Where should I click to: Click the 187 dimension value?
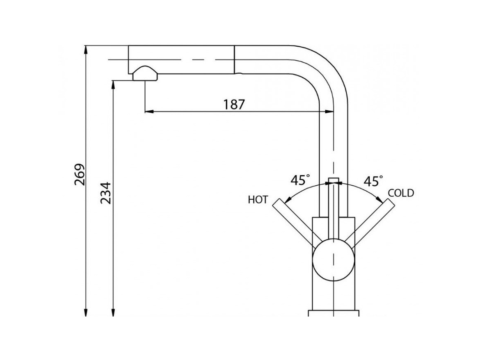[234, 104]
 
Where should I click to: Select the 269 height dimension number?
[80, 175]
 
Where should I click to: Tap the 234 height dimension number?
[105, 193]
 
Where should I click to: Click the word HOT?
[258, 200]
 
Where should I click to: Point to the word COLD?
[401, 193]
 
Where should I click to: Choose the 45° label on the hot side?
[300, 180]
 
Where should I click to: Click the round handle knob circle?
[334, 260]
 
